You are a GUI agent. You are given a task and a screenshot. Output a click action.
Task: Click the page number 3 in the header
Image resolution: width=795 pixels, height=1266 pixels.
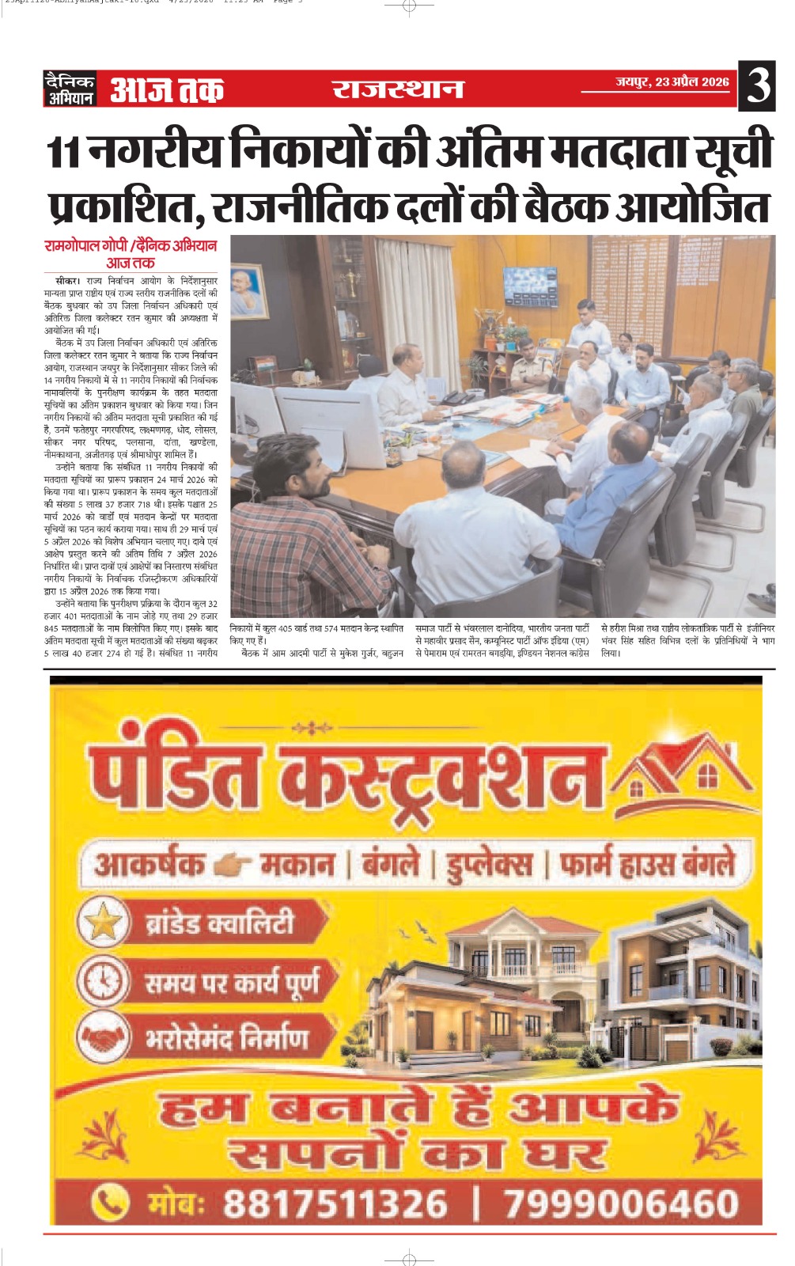coord(758,85)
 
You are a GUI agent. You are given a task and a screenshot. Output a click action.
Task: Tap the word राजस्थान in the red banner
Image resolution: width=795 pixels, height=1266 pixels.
coord(397,89)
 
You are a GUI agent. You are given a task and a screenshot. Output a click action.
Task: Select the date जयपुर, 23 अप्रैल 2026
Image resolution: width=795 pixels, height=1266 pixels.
coord(672,81)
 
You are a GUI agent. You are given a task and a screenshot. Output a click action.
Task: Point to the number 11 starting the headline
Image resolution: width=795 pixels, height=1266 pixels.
coord(63,151)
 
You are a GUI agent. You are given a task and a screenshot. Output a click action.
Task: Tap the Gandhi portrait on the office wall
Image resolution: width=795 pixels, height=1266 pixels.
coord(248,290)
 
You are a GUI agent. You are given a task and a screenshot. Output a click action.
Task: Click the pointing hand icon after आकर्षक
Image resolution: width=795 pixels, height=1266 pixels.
coord(233,865)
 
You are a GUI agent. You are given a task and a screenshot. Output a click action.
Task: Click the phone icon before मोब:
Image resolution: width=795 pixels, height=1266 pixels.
coord(110,1203)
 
